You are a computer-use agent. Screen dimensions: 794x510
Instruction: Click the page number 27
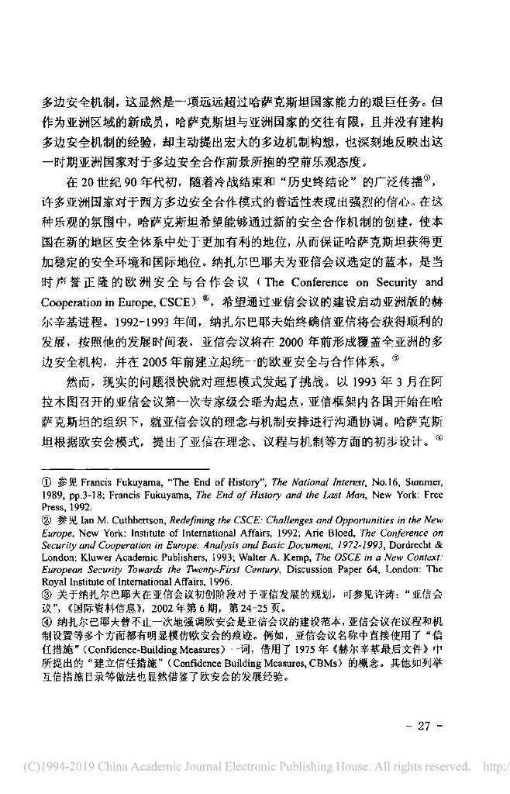423,727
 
